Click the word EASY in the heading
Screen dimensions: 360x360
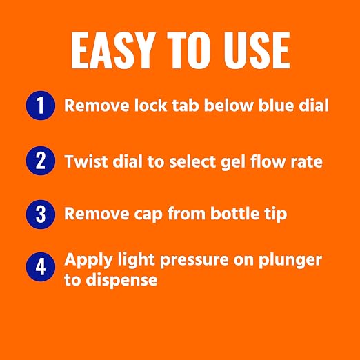click(x=112, y=50)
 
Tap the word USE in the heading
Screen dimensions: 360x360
click(x=257, y=50)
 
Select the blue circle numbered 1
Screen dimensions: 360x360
click(x=41, y=106)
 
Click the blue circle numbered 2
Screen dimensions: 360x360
click(x=41, y=161)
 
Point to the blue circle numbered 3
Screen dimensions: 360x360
click(x=41, y=214)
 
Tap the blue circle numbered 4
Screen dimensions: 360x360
click(x=41, y=267)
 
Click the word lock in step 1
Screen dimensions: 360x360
click(x=150, y=106)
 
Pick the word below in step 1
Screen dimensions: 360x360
click(x=229, y=106)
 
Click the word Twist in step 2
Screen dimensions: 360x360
click(x=86, y=161)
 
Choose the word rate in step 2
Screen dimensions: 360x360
click(x=306, y=162)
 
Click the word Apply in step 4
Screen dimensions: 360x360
click(x=88, y=261)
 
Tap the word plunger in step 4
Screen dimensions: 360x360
click(x=290, y=261)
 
